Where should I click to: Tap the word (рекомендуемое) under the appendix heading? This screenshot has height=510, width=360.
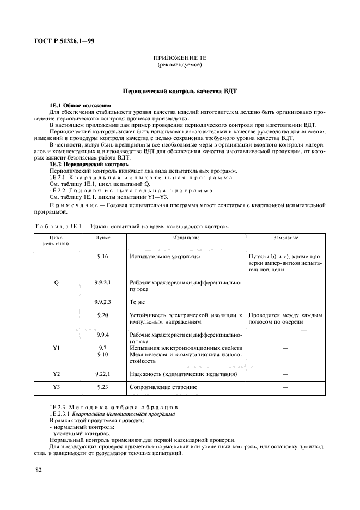[179, 65]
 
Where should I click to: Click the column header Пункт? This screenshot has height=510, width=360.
[102, 238]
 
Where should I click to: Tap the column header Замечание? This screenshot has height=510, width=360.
[285, 238]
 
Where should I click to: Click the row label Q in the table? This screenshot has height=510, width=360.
[56, 283]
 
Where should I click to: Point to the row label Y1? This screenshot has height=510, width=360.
[56, 347]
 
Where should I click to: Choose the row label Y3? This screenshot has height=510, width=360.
[56, 387]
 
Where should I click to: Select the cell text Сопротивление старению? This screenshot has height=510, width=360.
[163, 387]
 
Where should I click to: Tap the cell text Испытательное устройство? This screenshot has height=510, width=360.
[165, 256]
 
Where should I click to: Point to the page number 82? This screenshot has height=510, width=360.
[39, 470]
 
